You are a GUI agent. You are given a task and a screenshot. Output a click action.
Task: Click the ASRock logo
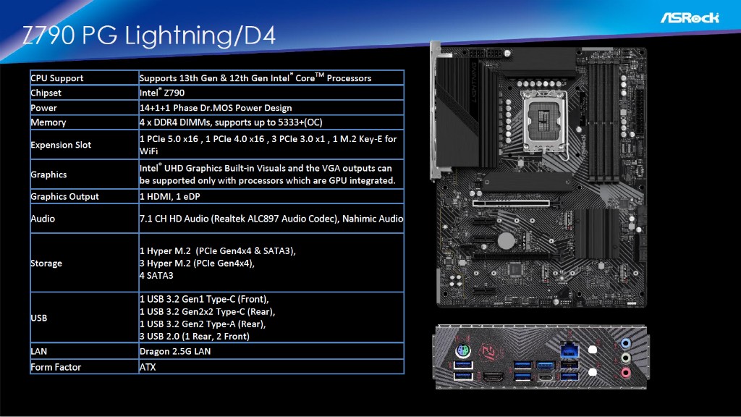pyautogui.click(x=690, y=18)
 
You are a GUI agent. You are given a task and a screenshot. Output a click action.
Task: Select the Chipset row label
pyautogui.click(x=46, y=93)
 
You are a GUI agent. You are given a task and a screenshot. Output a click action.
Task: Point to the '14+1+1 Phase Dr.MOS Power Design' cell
pyautogui.click(x=216, y=108)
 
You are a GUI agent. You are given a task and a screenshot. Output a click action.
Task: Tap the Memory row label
pyautogui.click(x=48, y=122)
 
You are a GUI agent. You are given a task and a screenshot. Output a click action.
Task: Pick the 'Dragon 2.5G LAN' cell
pyautogui.click(x=175, y=351)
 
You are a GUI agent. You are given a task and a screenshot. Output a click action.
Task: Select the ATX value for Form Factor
pyautogui.click(x=148, y=367)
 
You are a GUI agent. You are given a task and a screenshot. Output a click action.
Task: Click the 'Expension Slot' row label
pyautogui.click(x=61, y=145)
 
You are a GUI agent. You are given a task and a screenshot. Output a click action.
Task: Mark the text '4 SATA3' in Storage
pyautogui.click(x=156, y=275)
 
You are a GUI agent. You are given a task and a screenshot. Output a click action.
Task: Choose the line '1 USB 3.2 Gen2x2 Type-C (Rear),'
pyautogui.click(x=207, y=311)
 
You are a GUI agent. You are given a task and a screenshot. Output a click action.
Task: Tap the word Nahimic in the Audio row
pyautogui.click(x=357, y=219)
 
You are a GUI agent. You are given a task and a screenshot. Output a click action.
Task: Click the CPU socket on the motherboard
pyautogui.click(x=543, y=120)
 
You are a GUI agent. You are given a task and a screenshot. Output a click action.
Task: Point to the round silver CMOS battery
pyautogui.click(x=506, y=240)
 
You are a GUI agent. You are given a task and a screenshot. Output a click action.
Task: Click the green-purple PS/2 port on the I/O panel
pyautogui.click(x=462, y=351)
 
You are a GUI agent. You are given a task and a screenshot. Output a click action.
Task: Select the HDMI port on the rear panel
pyautogui.click(x=494, y=376)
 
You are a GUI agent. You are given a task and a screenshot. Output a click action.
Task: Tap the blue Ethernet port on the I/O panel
pyautogui.click(x=569, y=351)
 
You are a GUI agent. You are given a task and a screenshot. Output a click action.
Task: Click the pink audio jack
pyautogui.click(x=626, y=373)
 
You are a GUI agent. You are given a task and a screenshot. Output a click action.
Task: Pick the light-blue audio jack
pyautogui.click(x=626, y=343)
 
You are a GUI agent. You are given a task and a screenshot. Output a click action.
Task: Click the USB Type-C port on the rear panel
pyautogui.click(x=546, y=377)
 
